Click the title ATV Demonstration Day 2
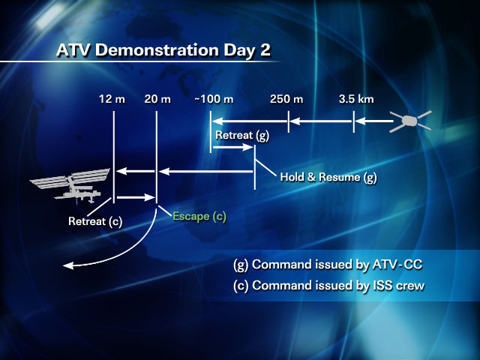(x=163, y=50)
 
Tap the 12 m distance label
(x=112, y=99)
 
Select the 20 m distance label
(x=157, y=99)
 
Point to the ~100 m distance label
(x=214, y=99)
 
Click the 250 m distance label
(x=286, y=99)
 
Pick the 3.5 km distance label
(x=356, y=99)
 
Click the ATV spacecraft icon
(x=410, y=121)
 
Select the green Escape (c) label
(x=199, y=217)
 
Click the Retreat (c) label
(x=95, y=221)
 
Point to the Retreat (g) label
(x=242, y=135)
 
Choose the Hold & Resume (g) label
(x=328, y=177)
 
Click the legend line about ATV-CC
(x=328, y=265)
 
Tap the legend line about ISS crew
(x=328, y=285)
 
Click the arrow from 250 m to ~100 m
(x=250, y=121)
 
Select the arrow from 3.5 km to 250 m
(x=322, y=121)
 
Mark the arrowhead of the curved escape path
(x=68, y=265)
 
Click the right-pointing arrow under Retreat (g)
(x=233, y=147)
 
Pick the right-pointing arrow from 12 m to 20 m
(x=136, y=197)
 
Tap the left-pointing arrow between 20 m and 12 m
(x=136, y=171)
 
